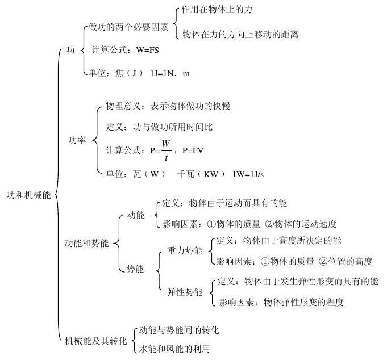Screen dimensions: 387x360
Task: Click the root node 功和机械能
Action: pos(28,195)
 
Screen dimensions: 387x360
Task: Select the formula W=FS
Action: pos(148,51)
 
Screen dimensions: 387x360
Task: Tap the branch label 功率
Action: pos(77,140)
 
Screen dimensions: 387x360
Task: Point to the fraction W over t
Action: pos(167,150)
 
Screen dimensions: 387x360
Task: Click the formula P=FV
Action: pos(193,150)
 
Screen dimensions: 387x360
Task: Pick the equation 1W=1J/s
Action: pos(248,174)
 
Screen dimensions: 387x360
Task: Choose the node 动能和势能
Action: pos(86,244)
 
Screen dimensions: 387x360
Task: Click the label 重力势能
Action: pos(185,251)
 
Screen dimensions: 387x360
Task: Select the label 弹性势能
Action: pos(185,292)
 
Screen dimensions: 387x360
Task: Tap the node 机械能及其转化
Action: pos(96,341)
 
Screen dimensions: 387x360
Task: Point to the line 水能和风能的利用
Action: pos(174,349)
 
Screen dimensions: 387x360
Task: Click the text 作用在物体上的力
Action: pos(217,10)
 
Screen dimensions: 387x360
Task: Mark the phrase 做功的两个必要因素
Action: pos(128,27)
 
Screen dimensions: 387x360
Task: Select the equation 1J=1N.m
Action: pos(170,73)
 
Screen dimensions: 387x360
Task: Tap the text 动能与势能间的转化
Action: pos(179,330)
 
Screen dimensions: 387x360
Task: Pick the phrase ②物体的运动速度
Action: pos(301,224)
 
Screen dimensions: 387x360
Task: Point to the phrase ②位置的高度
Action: pos(346,261)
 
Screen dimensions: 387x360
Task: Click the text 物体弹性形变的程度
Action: pos(303,302)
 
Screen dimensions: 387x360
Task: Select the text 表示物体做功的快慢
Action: pos(190,106)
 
